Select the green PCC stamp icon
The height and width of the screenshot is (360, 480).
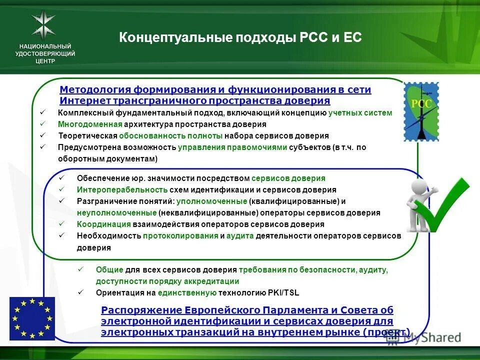(421, 112)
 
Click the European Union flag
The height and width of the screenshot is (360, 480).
(32, 318)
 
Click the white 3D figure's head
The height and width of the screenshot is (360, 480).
(419, 187)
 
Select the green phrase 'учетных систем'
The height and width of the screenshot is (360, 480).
(360, 113)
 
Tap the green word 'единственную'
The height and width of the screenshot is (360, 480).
(187, 292)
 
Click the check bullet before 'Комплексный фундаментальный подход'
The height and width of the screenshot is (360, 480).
(42, 112)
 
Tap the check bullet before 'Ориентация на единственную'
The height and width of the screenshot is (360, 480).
(80, 292)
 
